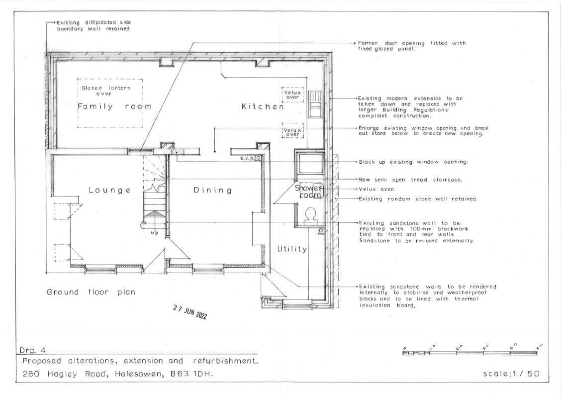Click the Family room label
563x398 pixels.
(x=114, y=106)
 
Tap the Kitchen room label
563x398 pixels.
(x=263, y=106)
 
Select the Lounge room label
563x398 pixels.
(x=109, y=190)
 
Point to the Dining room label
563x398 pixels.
(x=212, y=190)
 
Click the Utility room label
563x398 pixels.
(x=292, y=249)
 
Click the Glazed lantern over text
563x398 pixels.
(x=105, y=91)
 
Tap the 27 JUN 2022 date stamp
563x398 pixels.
(x=190, y=312)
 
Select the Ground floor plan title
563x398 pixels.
(x=91, y=292)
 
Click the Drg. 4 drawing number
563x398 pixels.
(x=33, y=350)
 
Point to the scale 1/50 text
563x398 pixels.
(x=511, y=374)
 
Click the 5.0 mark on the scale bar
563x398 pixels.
(x=539, y=347)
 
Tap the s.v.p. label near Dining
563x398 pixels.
(x=247, y=158)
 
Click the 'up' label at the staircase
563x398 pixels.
(x=154, y=233)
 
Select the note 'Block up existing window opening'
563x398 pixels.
(x=413, y=162)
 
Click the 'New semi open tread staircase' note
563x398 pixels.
(x=410, y=180)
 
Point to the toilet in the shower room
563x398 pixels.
(x=310, y=216)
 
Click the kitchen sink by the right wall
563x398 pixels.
(x=315, y=104)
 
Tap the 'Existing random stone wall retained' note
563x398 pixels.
(x=418, y=199)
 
